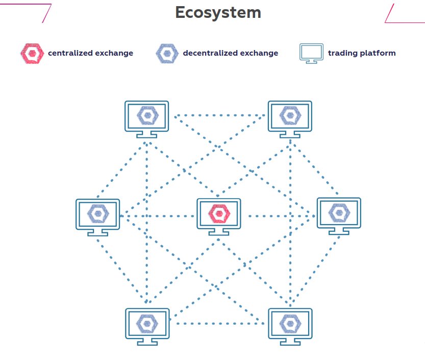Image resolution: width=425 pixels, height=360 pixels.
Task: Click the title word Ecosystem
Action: pos(218,12)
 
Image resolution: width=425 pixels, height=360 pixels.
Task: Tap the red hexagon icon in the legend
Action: pos(32,53)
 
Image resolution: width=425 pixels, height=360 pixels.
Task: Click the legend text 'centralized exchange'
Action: pos(90,53)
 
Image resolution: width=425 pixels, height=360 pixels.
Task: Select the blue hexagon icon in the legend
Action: pos(167,53)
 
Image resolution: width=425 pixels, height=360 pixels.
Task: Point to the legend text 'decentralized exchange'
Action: pos(230,53)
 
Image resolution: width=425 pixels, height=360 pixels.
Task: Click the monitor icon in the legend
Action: pos(311,53)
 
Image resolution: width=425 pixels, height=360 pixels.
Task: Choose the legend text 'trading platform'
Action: pos(361,53)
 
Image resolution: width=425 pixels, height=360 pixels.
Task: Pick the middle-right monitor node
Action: pos(339,215)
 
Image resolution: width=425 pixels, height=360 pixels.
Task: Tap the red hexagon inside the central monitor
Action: pos(219,212)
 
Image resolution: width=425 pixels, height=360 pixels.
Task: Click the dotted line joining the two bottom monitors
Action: pos(218,323)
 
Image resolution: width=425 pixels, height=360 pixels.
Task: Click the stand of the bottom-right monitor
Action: pos(290,341)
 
